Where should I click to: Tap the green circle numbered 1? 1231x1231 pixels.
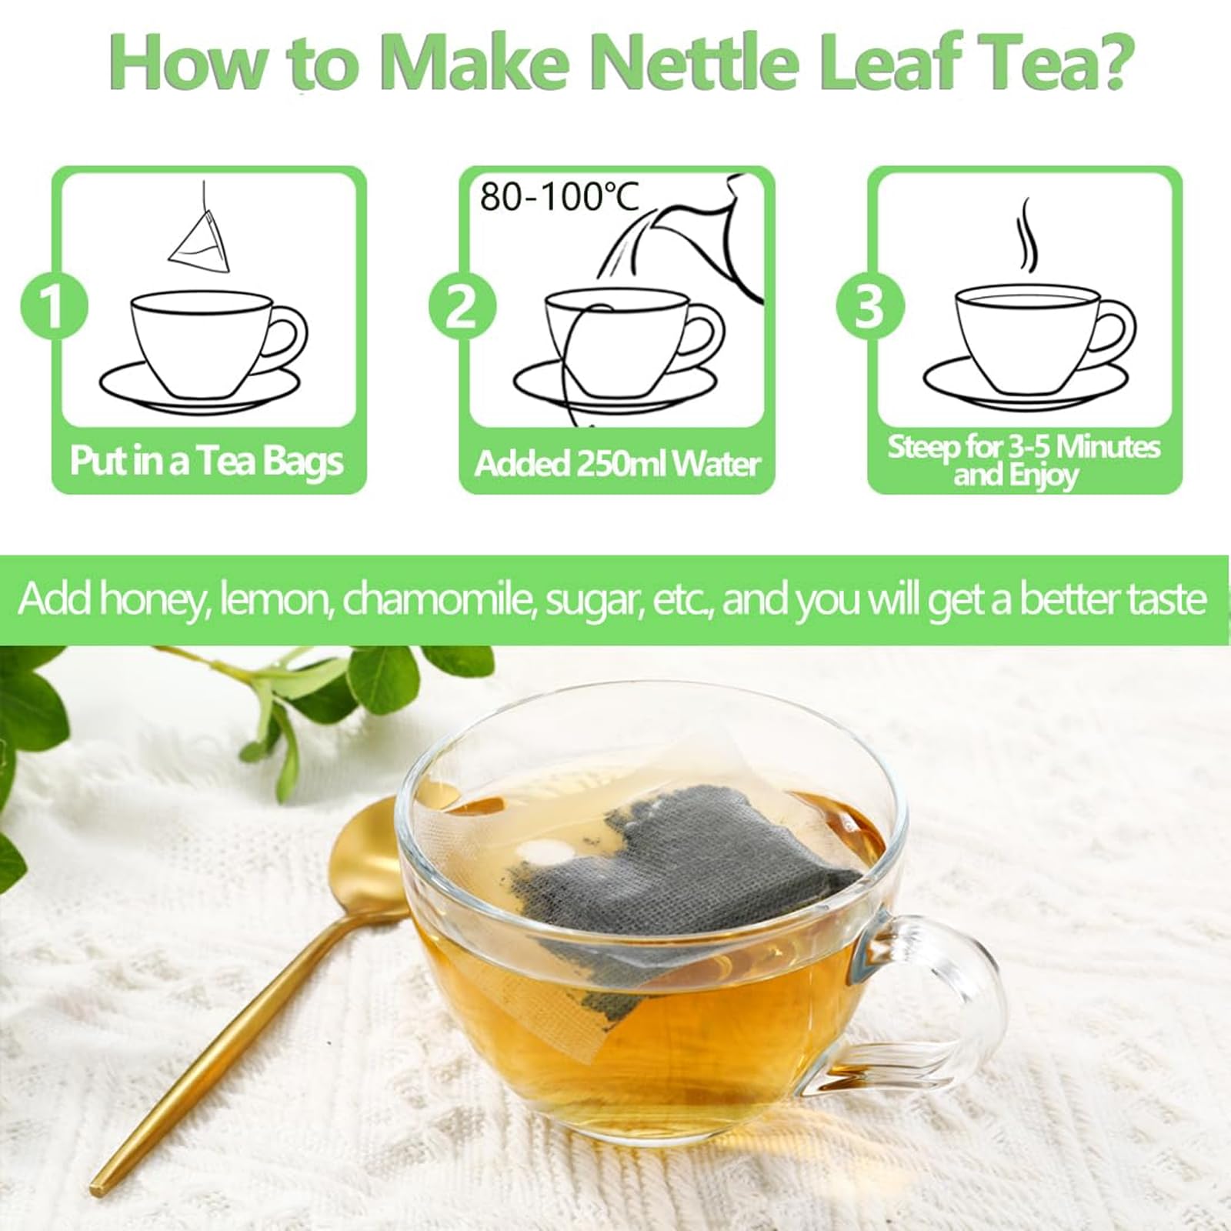pos(54,305)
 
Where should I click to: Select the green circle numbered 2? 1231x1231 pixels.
pos(462,305)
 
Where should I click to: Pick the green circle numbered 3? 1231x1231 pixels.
pos(870,305)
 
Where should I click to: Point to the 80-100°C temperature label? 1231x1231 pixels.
pos(559,196)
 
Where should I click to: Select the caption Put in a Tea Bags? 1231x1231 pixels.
pos(207,461)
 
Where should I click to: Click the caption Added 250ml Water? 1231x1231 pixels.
pos(617,463)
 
